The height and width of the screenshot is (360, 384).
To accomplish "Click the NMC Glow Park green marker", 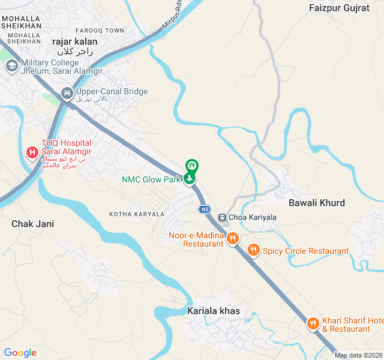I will (x=191, y=179).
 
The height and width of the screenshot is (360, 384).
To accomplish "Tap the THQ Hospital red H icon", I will (x=32, y=153).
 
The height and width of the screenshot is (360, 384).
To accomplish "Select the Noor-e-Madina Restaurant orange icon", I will (x=233, y=239).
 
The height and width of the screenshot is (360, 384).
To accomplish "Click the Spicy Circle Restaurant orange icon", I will (x=254, y=250).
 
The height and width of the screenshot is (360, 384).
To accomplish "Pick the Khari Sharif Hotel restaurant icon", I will (x=313, y=324).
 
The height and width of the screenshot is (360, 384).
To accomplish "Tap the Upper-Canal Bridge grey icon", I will (x=67, y=93).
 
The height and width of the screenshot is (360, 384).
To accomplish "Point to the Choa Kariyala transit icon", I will (x=222, y=217).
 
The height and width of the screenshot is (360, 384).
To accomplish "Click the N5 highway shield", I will (x=205, y=209).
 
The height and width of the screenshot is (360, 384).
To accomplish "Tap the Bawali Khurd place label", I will (x=317, y=203).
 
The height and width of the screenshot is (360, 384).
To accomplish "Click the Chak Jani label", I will (x=32, y=224).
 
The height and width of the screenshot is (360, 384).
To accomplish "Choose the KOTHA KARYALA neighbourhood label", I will (x=136, y=214).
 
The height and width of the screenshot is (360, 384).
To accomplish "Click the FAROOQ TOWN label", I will (x=101, y=30).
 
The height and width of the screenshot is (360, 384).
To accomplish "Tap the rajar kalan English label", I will (x=75, y=41).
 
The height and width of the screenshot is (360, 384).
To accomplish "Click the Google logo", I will (x=20, y=353).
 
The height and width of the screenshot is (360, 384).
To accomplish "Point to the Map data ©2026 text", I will (x=358, y=355).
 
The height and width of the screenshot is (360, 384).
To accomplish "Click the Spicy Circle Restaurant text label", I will (x=305, y=251).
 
